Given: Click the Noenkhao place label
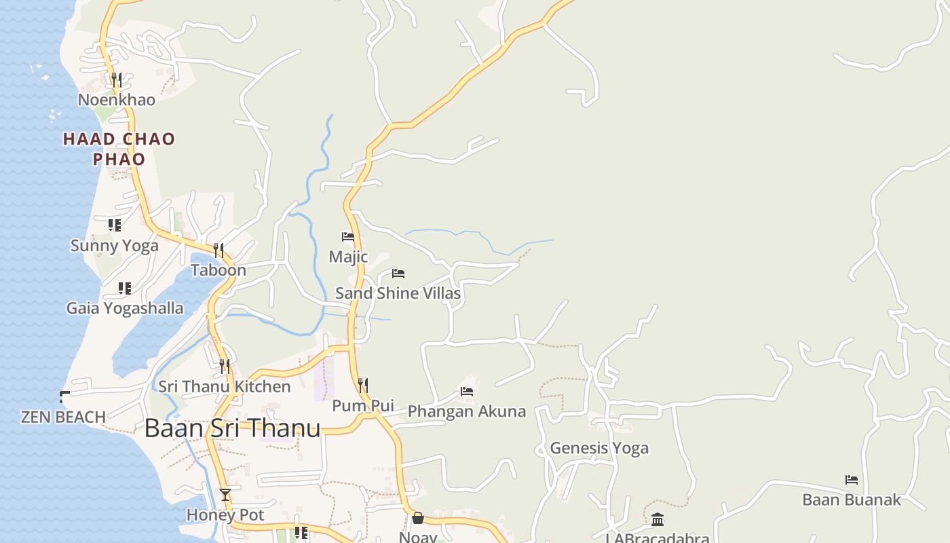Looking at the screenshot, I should [x=116, y=100].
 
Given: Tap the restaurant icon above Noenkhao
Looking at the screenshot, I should [x=117, y=79].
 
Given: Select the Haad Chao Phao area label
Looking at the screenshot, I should [x=119, y=149].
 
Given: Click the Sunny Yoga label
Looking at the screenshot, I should [x=114, y=245].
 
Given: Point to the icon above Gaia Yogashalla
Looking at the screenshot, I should [x=124, y=288].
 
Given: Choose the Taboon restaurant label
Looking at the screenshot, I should [x=218, y=270].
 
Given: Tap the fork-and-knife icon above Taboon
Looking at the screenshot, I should [x=218, y=250].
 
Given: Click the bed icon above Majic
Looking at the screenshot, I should [x=348, y=237].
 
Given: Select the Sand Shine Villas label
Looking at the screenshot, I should [x=398, y=293].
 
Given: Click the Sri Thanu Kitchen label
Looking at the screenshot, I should [x=224, y=386].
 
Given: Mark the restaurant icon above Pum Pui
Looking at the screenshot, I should [x=363, y=386].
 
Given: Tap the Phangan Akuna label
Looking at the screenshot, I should [x=466, y=411].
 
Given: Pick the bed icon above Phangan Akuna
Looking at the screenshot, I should [x=467, y=392].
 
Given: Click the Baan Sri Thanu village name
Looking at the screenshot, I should [x=232, y=428].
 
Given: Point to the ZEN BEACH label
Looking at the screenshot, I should [x=63, y=417].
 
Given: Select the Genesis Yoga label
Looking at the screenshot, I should [x=598, y=448].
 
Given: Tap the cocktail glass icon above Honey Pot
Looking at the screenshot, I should [x=225, y=495].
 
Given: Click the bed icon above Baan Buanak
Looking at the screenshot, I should [x=852, y=480].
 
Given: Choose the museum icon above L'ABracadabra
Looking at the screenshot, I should [x=658, y=520].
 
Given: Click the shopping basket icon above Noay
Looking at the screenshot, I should [x=418, y=519].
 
